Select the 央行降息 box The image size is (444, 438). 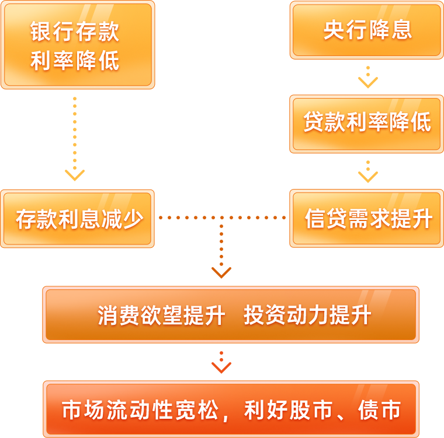point(366,30)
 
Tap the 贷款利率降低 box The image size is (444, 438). point(366,123)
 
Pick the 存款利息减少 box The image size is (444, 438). point(77,219)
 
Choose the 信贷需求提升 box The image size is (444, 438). point(366,219)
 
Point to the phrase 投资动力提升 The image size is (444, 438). point(307,316)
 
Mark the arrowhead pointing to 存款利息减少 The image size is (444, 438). point(75,175)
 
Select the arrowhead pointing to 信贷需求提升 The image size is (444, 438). point(367,176)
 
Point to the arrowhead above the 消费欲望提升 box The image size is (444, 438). point(221,272)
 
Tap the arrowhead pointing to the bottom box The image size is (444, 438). point(221,367)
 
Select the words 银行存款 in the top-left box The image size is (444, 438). point(75,31)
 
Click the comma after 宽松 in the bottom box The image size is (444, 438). point(227,415)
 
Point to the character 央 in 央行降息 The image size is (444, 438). point(333,30)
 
